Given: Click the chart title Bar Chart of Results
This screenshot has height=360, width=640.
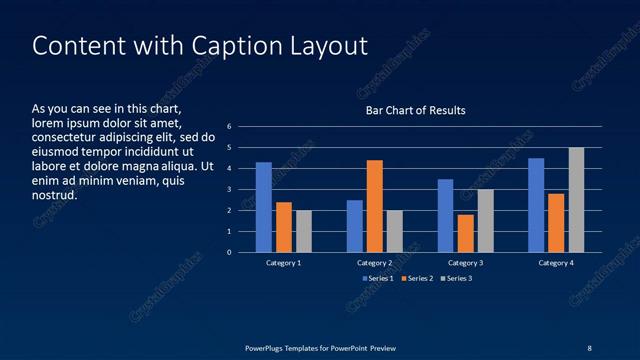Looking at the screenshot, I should tap(415, 110).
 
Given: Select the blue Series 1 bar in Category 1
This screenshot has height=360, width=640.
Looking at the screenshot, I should tap(264, 207).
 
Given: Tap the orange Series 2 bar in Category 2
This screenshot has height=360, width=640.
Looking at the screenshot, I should tap(375, 206).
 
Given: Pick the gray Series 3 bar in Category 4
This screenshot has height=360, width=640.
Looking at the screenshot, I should tap(576, 200).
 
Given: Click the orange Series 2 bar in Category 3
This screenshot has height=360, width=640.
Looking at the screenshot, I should tap(466, 233).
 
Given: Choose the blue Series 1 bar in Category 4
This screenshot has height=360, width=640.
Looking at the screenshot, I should tap(536, 205).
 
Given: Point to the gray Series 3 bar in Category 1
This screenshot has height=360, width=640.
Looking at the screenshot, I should tap(304, 231).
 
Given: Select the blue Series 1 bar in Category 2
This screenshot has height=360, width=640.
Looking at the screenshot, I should tap(355, 226).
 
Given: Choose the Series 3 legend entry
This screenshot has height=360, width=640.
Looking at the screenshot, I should tap(455, 278).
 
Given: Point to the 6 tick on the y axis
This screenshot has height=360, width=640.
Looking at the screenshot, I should tap(230, 127).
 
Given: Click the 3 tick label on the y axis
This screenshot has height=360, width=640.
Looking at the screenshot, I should tap(230, 190).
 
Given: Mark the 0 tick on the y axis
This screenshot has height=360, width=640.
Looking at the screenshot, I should tap(230, 252).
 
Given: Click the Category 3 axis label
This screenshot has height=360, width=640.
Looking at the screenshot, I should tap(466, 262).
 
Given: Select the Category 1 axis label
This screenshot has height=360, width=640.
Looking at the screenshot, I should tap(284, 262).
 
